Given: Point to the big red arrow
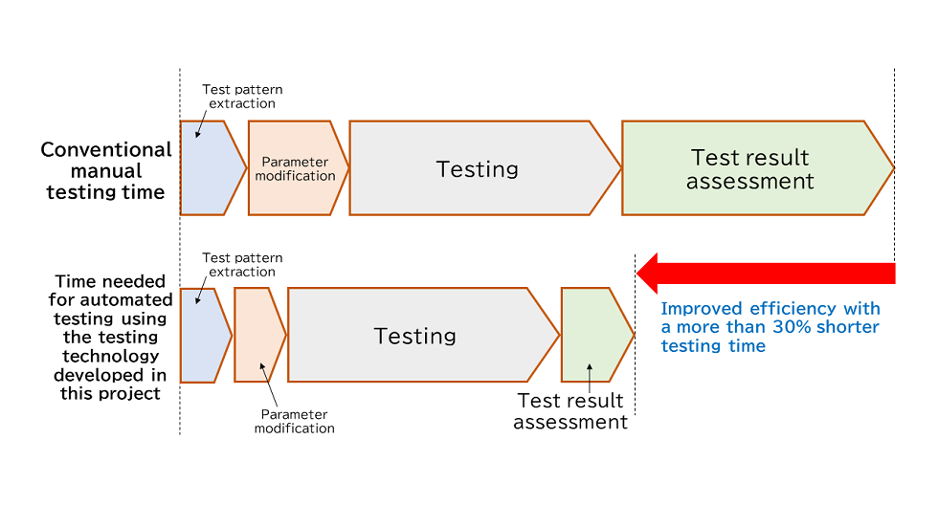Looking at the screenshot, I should [x=766, y=274].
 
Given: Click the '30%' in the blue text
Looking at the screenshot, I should [x=792, y=327].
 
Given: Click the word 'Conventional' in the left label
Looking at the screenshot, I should [x=106, y=150].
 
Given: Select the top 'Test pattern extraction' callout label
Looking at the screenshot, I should [x=242, y=97].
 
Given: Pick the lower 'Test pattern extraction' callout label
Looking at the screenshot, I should [x=242, y=265].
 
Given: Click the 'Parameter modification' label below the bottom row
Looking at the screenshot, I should [x=295, y=422].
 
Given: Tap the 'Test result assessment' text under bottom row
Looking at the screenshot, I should [x=570, y=411].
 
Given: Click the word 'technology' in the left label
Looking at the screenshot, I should [x=110, y=356].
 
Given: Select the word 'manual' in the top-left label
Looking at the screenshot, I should [x=106, y=171].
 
